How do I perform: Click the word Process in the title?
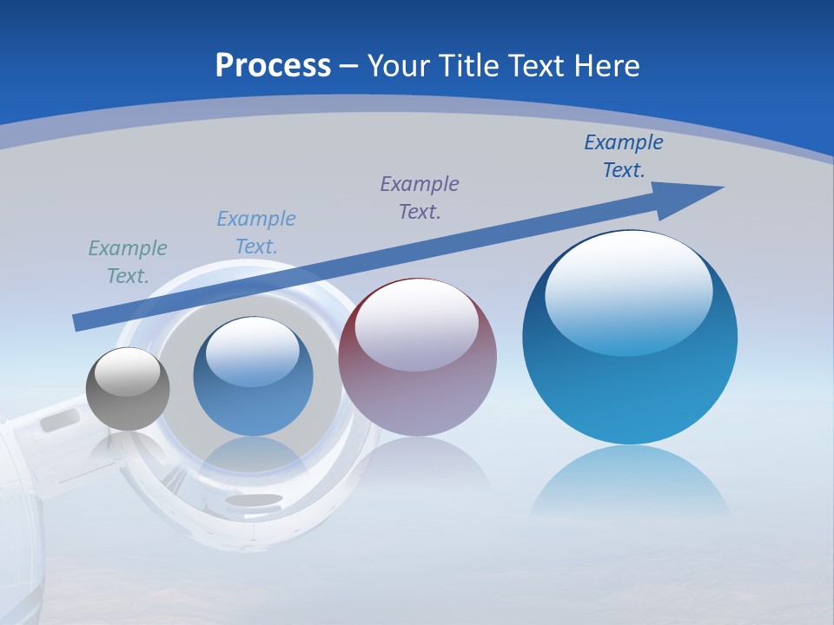tap(273, 65)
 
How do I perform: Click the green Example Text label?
tap(128, 262)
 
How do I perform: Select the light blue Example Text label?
tap(256, 233)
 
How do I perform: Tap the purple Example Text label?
tap(420, 197)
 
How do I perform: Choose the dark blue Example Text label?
tap(623, 156)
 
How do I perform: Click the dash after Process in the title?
tap(349, 66)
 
